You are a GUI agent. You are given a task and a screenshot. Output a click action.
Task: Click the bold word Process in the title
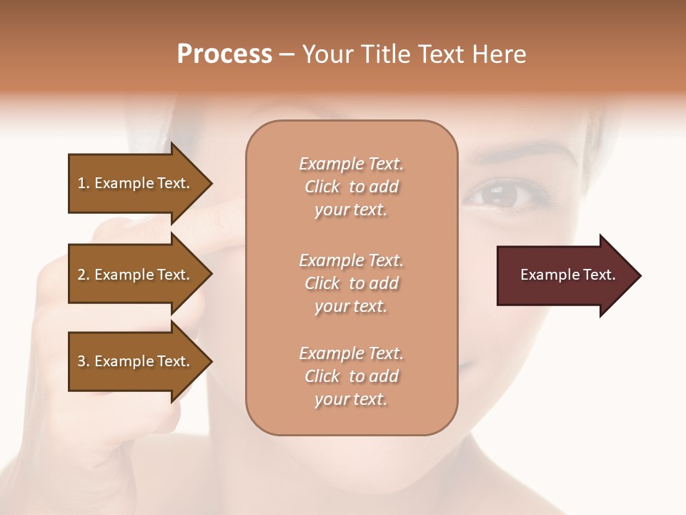pos(224,54)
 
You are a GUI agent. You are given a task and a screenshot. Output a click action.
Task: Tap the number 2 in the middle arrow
pos(81,275)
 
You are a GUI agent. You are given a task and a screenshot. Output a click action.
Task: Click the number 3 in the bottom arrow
pos(81,361)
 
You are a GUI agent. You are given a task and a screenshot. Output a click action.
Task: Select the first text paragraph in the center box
pos(351,187)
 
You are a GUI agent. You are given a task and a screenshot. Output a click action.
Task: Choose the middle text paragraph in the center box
pos(351,283)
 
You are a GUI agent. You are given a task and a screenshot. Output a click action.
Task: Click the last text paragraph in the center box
pos(351,376)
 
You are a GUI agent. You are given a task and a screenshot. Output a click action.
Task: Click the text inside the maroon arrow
pos(567,275)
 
